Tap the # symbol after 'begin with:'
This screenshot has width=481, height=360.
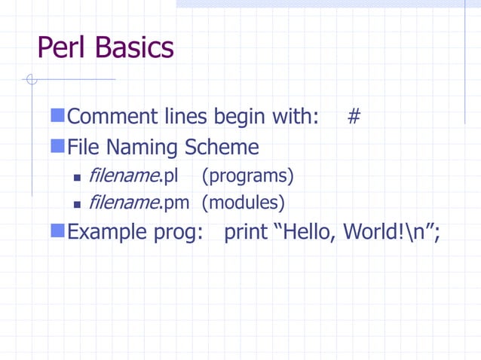pyautogui.click(x=353, y=117)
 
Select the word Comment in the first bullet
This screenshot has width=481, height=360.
pyautogui.click(x=112, y=117)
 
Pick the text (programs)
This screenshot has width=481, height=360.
pyautogui.click(x=248, y=176)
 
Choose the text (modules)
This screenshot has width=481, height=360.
pyautogui.click(x=244, y=203)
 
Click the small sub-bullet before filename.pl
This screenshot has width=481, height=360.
pyautogui.click(x=77, y=178)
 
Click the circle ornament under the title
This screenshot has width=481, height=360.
pyautogui.click(x=30, y=79)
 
